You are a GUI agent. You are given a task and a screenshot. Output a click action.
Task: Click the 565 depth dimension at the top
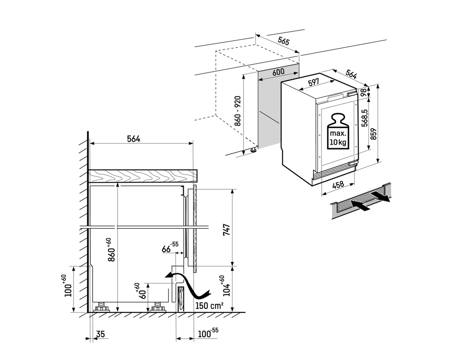pyautogui.click(x=283, y=41)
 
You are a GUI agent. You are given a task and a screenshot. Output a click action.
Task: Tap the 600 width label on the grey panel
pyautogui.click(x=278, y=72)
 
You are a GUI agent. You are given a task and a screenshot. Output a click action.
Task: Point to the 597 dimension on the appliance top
pyautogui.click(x=314, y=82)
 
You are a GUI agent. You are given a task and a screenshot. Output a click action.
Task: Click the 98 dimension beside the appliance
pyautogui.click(x=363, y=92)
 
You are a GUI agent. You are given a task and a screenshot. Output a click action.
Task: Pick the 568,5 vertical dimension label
pyautogui.click(x=365, y=118)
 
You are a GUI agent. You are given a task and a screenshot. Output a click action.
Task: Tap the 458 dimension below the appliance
pyautogui.click(x=338, y=185)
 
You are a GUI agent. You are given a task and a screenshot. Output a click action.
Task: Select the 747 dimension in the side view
pyautogui.click(x=227, y=229)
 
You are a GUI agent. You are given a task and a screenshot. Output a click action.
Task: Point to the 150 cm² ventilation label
pyautogui.click(x=210, y=306)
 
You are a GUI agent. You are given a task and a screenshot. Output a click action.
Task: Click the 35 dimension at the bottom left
pyautogui.click(x=101, y=334)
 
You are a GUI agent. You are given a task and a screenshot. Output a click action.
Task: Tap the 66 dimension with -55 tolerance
pyautogui.click(x=170, y=247)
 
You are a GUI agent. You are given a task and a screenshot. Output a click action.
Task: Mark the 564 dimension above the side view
pyautogui.click(x=134, y=139)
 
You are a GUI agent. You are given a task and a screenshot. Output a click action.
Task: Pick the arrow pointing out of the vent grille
pyautogui.click(x=382, y=197)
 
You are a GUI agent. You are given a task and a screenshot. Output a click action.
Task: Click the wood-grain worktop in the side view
pyautogui.click(x=143, y=176)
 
